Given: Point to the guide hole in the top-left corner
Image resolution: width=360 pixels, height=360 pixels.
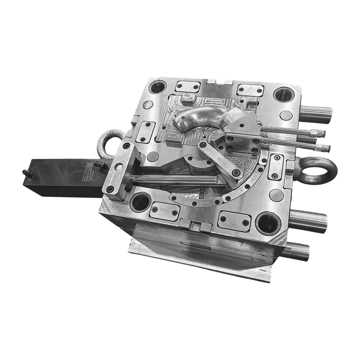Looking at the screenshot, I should [157, 86].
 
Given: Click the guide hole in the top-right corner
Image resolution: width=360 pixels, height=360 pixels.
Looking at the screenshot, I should [283, 94].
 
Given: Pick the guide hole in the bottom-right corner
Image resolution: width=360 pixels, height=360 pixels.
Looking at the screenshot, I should [268, 223].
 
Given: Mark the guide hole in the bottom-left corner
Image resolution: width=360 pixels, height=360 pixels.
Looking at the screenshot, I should [141, 201].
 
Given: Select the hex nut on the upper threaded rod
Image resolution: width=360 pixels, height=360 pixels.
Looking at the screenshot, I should [320, 134].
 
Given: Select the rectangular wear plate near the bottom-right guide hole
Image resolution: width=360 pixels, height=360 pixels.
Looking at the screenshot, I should [234, 220].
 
